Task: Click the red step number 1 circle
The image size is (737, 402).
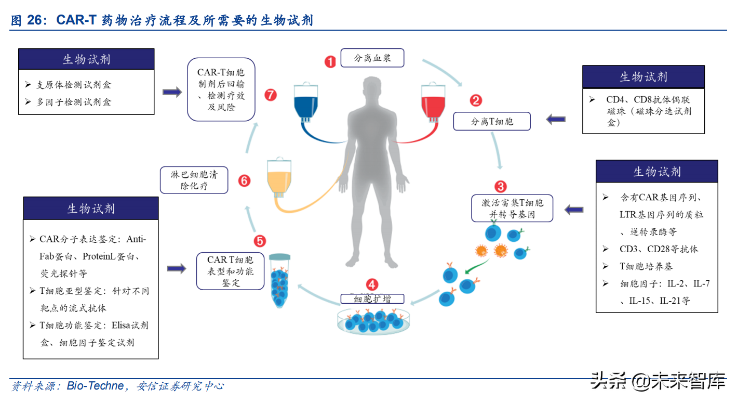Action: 330,62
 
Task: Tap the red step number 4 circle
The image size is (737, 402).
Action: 372,284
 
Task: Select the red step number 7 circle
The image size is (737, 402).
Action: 270,95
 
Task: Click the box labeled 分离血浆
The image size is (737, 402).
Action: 372,58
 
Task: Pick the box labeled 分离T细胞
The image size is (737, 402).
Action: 491,122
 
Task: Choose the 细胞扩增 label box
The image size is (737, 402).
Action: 372,299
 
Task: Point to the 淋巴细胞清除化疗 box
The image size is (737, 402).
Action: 194,180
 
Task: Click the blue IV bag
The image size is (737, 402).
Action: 309,104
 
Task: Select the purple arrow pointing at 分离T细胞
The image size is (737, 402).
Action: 555,120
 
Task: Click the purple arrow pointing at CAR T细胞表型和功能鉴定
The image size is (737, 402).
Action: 177,269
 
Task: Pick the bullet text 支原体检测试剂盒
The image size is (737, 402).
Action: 73,85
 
